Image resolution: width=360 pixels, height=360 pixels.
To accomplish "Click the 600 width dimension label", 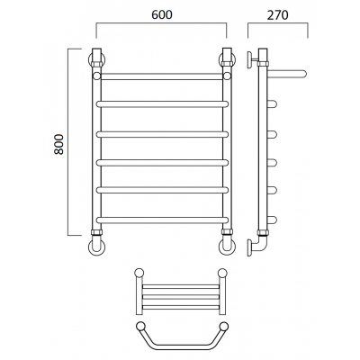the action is click(162, 14).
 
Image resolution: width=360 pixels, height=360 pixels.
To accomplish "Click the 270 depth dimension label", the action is click(278, 14).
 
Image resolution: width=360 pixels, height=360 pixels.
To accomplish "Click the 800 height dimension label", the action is click(58, 144).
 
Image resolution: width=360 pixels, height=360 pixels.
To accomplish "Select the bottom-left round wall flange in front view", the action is click(96, 247).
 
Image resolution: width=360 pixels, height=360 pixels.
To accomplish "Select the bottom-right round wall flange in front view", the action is click(227, 247).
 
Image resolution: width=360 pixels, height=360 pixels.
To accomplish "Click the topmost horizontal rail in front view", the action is click(162, 76).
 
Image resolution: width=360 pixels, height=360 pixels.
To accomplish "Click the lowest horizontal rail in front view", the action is click(162, 220).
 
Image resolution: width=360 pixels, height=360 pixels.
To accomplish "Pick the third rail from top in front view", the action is click(162, 134).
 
